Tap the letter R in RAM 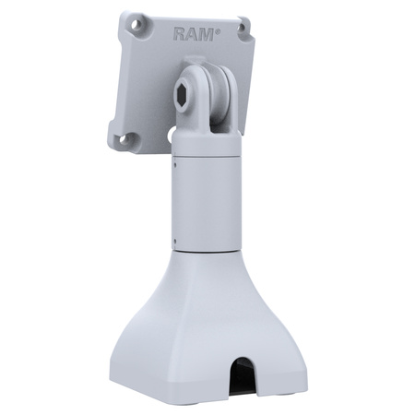[180, 34]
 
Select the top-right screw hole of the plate [243, 27]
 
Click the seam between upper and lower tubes [207, 158]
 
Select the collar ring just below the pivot [206, 143]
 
